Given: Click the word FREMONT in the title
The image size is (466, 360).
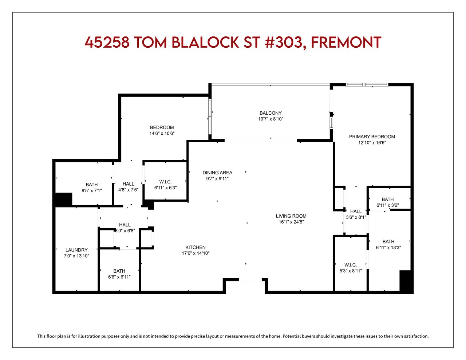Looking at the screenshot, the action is [x=346, y=42].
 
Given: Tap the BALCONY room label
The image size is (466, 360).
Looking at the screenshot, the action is [x=270, y=113].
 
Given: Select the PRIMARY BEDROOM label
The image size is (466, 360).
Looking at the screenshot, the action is [x=372, y=137].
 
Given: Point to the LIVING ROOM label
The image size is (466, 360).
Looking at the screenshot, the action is [x=291, y=216].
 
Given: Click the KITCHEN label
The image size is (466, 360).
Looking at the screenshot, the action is [x=196, y=247].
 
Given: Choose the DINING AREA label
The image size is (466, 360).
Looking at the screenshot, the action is [x=217, y=173].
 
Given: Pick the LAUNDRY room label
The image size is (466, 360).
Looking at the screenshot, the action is [x=76, y=250].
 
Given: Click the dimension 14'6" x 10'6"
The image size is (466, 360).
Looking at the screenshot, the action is [x=162, y=133].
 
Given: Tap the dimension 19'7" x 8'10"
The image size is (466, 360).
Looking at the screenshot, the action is [x=270, y=119].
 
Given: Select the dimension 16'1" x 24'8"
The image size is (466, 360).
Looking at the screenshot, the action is [x=291, y=222].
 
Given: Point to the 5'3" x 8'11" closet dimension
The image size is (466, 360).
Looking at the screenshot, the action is [x=351, y=271].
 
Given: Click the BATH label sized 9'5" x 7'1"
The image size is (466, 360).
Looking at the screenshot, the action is [x=92, y=185].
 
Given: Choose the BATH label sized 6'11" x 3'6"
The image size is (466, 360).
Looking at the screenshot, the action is [x=387, y=199].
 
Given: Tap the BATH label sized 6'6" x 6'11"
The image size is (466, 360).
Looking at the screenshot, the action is [x=119, y=271].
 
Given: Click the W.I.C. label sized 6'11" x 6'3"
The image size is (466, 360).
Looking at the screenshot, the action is [x=165, y=182].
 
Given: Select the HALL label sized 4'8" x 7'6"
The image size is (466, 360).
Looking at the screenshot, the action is [x=128, y=184].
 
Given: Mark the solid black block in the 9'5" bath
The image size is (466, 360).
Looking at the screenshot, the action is [x=63, y=199].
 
